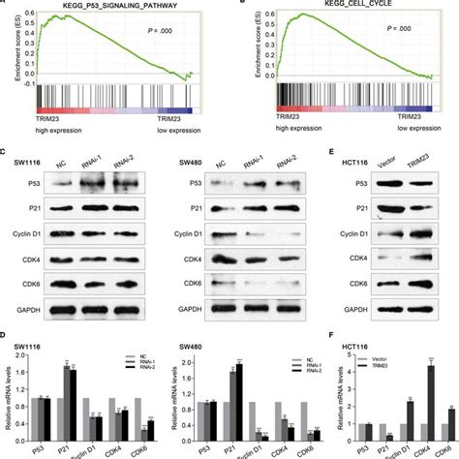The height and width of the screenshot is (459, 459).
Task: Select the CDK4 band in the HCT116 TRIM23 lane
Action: pos(418,259)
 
